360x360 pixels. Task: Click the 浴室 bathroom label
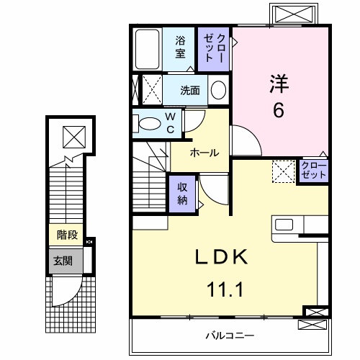pyautogui.click(x=180, y=47)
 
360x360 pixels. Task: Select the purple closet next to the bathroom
pyautogui.click(x=215, y=48)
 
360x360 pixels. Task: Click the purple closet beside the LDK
pyautogui.click(x=314, y=171)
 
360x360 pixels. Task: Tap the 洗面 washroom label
pyautogui.click(x=190, y=91)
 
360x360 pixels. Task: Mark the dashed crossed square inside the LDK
pyautogui.click(x=282, y=171)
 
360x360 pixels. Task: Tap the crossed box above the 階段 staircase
pyautogui.click(x=72, y=135)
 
